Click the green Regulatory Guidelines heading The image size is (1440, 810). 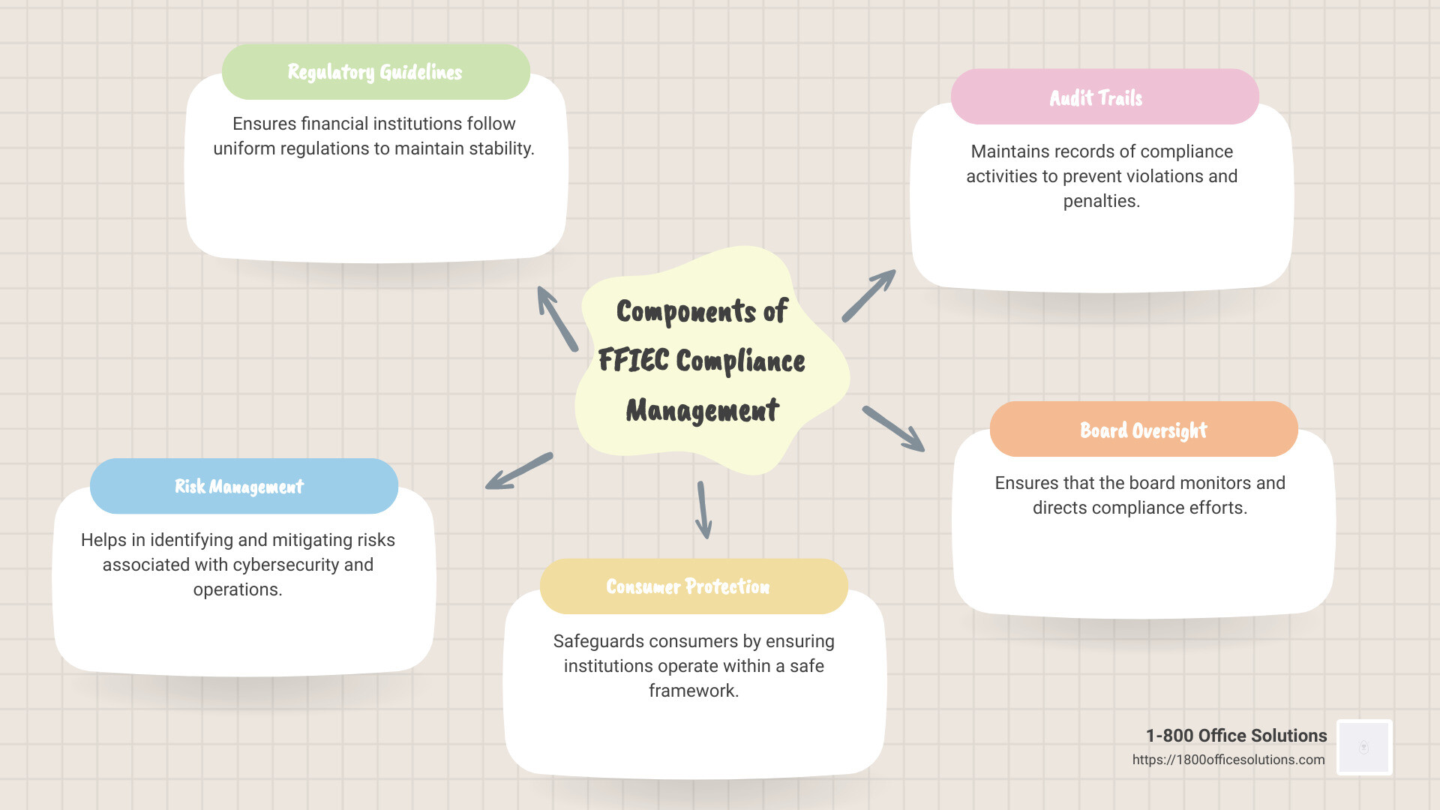tap(375, 72)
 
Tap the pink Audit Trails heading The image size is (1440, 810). tap(1096, 98)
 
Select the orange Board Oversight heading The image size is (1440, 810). tap(1143, 430)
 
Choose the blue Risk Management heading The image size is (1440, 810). tap(239, 487)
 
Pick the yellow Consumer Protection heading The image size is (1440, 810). tap(688, 586)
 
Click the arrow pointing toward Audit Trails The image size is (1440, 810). tap(868, 295)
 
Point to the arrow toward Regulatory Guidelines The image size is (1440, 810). tap(557, 318)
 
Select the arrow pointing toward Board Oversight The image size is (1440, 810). tap(893, 429)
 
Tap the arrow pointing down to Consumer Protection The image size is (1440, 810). tap(703, 510)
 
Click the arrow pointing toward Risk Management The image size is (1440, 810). tap(519, 471)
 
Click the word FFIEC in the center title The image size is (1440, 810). tap(633, 361)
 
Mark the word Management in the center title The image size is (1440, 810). tap(703, 411)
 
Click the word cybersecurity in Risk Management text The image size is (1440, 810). tap(239, 565)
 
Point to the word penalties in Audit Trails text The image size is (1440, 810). tap(1101, 201)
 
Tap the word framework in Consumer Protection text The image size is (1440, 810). tap(693, 691)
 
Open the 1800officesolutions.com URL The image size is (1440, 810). tap(1228, 760)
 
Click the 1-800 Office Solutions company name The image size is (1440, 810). tap(1236, 736)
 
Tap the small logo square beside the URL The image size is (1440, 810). tap(1363, 747)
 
